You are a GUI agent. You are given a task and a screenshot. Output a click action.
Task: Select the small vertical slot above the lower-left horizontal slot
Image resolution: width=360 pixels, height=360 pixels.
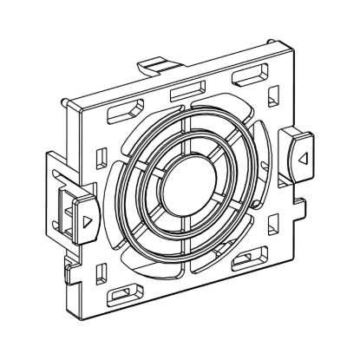click(x=108, y=270)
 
